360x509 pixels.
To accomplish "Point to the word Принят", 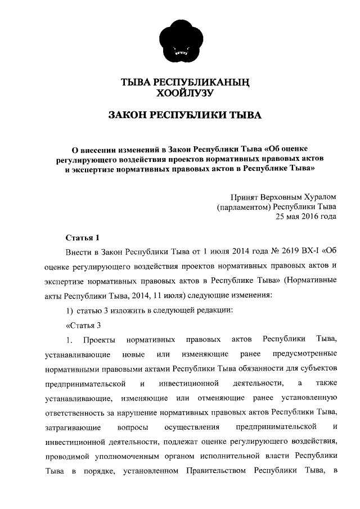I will click(x=244, y=197).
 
